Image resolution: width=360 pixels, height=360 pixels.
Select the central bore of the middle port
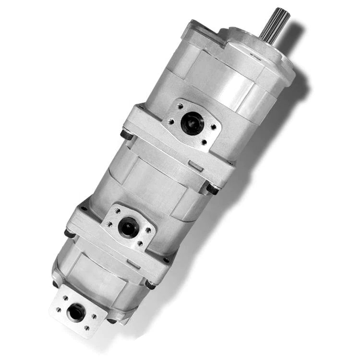point(128,227)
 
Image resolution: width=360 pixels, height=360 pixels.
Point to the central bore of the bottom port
point(76,312)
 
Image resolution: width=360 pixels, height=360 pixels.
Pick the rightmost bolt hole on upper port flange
point(213,127)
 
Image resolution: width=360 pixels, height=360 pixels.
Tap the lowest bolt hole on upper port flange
point(204,142)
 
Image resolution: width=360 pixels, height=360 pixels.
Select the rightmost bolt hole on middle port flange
point(149,230)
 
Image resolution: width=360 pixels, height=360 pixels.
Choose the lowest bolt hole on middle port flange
point(140,244)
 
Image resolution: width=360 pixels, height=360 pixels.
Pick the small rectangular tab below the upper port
point(195,166)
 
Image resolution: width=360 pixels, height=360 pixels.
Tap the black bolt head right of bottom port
point(150,285)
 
